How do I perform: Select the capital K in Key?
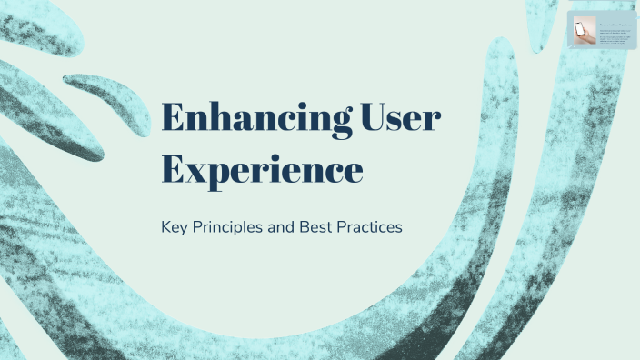coord(165,227)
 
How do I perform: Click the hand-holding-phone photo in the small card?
coord(582,32)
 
